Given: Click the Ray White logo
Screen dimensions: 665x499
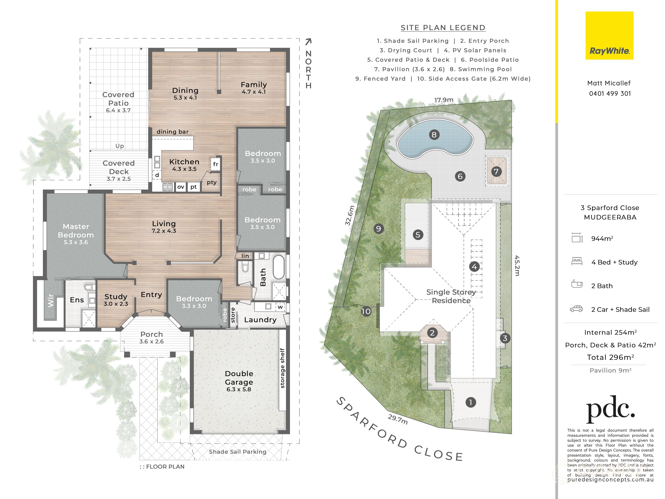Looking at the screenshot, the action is tap(609, 36).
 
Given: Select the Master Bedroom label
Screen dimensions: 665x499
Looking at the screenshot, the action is tap(76, 231).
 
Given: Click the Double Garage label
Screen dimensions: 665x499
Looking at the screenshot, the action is tap(239, 378).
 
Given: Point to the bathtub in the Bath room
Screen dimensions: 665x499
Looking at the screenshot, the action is tap(279, 267).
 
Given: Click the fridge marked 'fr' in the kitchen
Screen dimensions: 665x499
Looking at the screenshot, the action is tap(215, 164).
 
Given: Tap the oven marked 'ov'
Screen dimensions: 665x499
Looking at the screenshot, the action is tap(180, 187).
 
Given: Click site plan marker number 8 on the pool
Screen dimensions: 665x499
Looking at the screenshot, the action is tap(434, 134).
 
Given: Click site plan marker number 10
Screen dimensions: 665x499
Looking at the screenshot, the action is tap(366, 311).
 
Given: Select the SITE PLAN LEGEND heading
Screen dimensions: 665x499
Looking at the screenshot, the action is tap(443, 28).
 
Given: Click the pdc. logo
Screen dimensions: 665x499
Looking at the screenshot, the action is tap(610, 409).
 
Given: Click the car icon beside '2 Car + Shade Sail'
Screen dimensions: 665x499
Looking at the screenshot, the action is tap(576, 309).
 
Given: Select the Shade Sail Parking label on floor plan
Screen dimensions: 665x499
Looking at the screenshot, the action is tap(237, 452).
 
